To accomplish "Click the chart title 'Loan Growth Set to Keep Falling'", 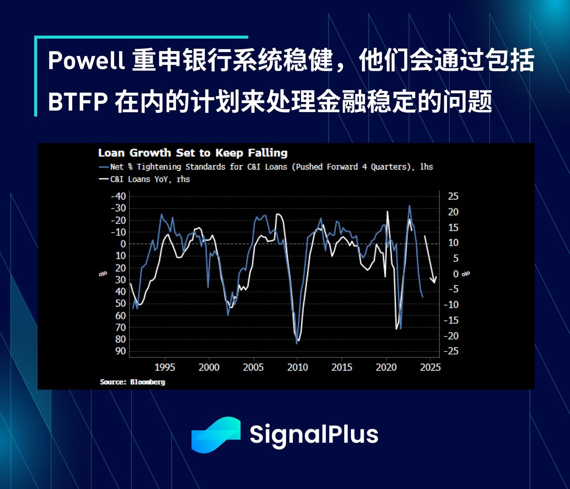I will click(x=192, y=153).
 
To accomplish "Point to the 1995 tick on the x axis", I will click(x=165, y=367).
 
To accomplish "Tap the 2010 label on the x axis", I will click(x=297, y=367).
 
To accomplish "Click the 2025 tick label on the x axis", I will click(x=430, y=367).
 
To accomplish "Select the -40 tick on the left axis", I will click(x=118, y=196).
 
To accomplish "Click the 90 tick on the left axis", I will click(x=121, y=351).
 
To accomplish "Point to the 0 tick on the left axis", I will click(x=123, y=244).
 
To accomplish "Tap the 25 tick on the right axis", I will click(x=453, y=196).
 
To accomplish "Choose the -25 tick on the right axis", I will click(x=451, y=351).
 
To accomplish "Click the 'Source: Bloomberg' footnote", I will click(x=132, y=382).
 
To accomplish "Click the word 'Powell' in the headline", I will click(x=86, y=60).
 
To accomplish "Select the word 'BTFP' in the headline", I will click(x=77, y=102).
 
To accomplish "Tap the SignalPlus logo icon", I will click(x=216, y=435).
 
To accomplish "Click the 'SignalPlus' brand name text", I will click(x=313, y=434).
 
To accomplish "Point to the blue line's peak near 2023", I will click(x=410, y=206).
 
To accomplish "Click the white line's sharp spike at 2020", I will click(x=387, y=212).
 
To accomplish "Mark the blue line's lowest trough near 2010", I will click(x=297, y=343).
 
